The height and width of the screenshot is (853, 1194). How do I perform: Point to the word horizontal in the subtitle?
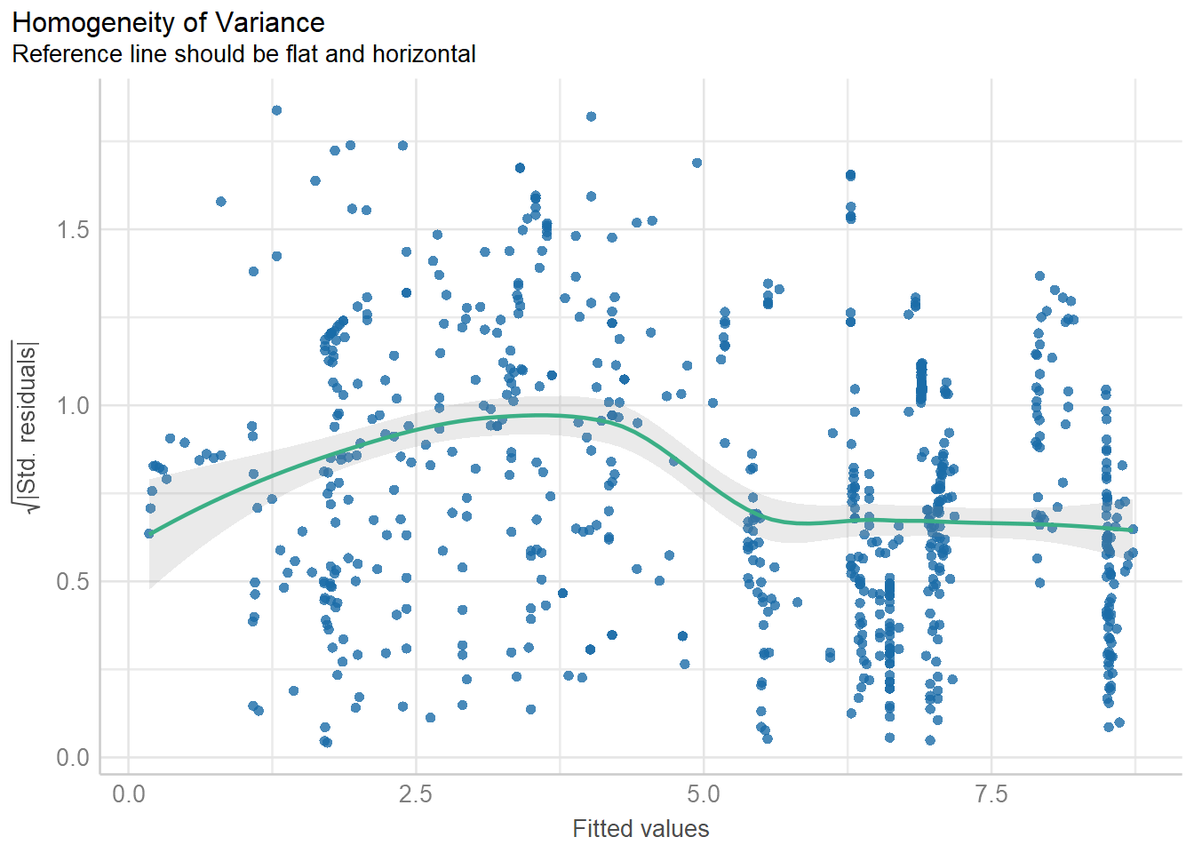424,54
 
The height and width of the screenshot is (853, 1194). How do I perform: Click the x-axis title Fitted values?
641,829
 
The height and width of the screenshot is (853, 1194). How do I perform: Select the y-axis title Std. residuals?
27,426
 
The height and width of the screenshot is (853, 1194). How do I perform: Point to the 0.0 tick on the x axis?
129,793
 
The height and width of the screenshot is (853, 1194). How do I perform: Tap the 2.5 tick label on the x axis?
416,793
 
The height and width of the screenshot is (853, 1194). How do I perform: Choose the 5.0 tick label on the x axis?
704,793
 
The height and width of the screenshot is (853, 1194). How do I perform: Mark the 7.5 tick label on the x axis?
991,793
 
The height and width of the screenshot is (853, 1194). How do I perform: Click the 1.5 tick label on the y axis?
73,230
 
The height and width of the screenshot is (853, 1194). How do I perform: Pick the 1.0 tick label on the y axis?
73,406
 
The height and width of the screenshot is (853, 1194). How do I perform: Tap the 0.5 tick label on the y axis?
73,582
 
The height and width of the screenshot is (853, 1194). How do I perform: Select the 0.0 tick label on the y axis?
73,758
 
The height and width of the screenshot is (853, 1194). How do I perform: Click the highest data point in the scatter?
276,110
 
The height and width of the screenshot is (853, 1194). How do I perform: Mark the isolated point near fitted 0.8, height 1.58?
221,202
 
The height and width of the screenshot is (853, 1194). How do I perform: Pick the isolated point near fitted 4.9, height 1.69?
697,163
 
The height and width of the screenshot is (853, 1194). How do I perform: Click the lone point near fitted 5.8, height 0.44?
797,602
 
